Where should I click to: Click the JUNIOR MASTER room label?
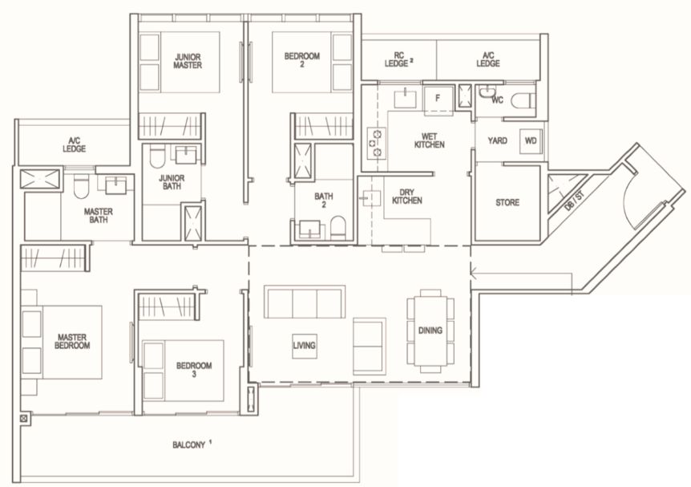click(188, 61)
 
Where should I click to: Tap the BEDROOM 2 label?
click(302, 60)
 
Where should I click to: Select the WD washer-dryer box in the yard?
click(531, 141)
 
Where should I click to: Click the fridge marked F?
click(438, 99)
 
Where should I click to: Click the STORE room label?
click(507, 202)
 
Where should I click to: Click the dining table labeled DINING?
click(430, 331)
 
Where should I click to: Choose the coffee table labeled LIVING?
click(304, 346)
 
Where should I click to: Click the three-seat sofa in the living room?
click(305, 302)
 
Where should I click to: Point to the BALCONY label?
click(189, 444)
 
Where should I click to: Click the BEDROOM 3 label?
click(194, 370)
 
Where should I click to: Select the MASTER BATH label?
click(99, 215)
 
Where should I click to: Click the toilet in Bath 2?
click(338, 226)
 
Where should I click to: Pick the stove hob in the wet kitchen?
click(376, 143)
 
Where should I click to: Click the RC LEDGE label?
click(398, 59)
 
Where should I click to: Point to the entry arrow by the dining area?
click(521, 273)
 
